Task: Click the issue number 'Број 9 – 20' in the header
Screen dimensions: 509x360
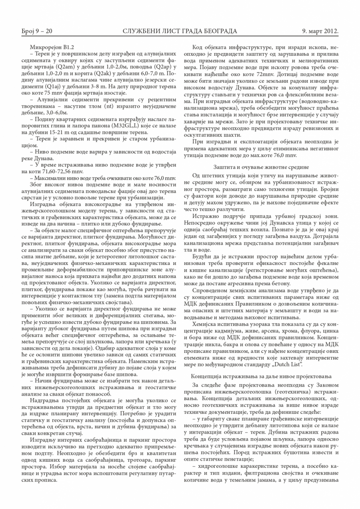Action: tap(37, 31)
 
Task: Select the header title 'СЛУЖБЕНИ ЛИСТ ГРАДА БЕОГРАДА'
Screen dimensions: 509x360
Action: tap(180, 31)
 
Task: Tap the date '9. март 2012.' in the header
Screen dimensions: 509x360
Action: tap(320, 31)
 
